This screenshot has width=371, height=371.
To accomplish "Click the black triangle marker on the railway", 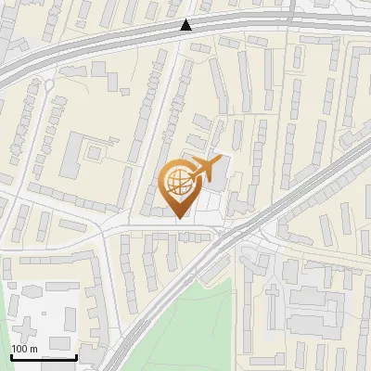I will [x=187, y=25].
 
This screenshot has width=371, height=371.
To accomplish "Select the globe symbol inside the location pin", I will [x=176, y=183].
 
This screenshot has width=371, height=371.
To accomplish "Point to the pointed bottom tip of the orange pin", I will [x=179, y=217].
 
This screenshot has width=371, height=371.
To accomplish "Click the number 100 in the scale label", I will [x=20, y=349].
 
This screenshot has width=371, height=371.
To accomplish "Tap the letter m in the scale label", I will [x=34, y=349].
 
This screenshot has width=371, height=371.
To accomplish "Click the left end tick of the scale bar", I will [x=10, y=354].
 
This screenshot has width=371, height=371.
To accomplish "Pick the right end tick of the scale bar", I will [x=76, y=354].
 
